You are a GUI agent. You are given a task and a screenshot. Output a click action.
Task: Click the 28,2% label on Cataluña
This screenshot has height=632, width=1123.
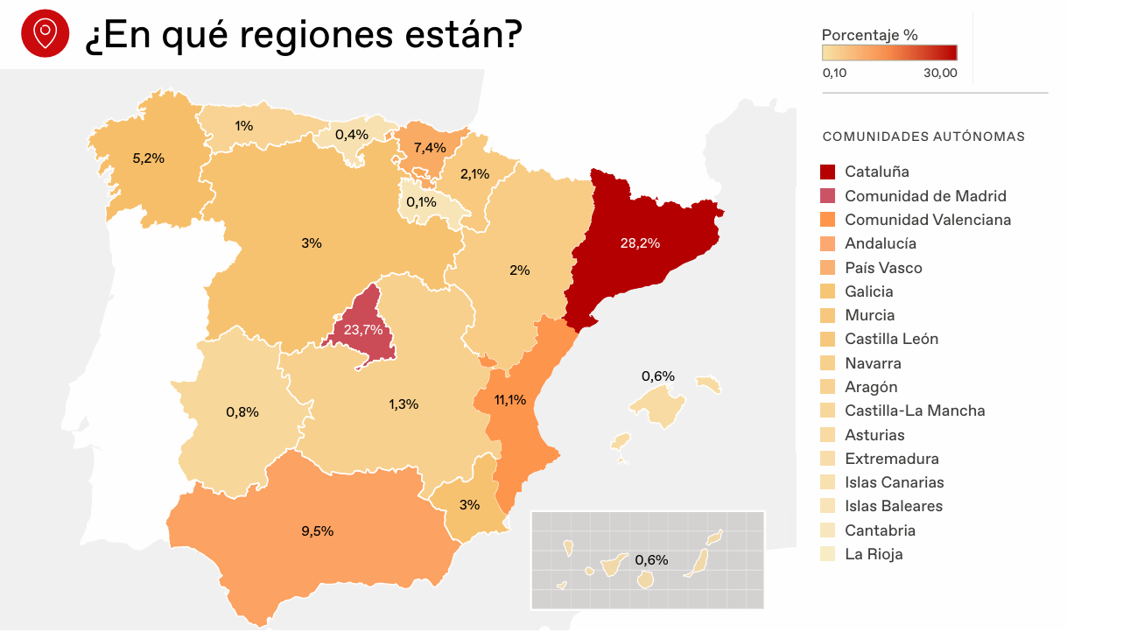[x=640, y=243]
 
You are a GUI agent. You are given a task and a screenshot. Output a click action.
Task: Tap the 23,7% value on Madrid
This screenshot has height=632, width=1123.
[x=363, y=330]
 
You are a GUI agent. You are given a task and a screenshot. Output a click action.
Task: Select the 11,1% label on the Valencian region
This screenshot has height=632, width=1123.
[x=509, y=400]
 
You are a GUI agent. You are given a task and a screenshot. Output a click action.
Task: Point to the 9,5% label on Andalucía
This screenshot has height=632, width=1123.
[x=317, y=531]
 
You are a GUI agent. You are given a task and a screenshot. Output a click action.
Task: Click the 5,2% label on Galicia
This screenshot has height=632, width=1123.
[x=149, y=158]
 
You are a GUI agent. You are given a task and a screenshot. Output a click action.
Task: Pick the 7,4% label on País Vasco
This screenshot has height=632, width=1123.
[x=430, y=147]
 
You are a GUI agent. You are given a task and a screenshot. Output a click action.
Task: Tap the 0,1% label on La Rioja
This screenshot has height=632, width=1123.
[x=421, y=202]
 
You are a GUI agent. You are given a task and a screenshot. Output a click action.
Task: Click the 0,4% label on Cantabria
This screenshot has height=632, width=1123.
[x=352, y=135]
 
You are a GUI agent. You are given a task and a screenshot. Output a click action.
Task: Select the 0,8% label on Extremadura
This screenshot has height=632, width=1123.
[x=242, y=412]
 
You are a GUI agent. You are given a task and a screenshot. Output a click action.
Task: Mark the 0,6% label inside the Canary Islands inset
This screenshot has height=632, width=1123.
[x=651, y=560]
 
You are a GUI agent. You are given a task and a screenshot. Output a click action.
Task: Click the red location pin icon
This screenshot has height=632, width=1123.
[x=45, y=33]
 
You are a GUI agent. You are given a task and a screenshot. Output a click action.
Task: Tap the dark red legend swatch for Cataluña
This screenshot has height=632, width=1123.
[x=828, y=172]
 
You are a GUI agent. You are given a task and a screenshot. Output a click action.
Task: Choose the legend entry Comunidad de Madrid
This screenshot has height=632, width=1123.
[x=925, y=196]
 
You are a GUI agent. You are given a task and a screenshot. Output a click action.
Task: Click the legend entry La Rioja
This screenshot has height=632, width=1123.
[x=874, y=554]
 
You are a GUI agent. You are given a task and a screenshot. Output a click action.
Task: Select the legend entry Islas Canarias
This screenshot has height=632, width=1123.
[x=894, y=482]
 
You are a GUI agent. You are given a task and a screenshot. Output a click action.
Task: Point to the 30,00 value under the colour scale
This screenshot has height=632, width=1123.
[x=940, y=73]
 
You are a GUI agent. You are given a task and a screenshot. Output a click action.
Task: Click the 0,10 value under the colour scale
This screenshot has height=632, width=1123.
[x=834, y=73]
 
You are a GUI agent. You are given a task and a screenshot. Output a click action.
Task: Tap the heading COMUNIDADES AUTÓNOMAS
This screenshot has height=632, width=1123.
[x=923, y=137]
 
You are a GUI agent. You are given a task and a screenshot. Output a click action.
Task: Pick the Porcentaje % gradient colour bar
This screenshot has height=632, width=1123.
[x=889, y=53]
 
